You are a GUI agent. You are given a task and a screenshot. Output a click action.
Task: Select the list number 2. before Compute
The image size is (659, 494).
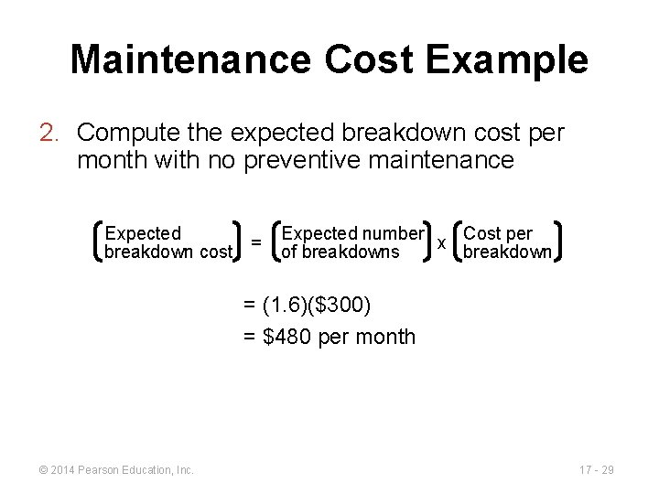(x=51, y=134)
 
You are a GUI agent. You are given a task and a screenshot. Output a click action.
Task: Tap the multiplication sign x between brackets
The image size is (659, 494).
(x=442, y=242)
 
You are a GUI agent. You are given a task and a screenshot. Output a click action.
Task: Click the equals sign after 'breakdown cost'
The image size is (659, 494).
(x=256, y=242)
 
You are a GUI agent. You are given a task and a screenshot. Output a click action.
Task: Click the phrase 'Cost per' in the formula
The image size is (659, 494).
(x=498, y=233)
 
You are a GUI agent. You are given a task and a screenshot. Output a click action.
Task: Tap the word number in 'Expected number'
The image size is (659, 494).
(x=392, y=233)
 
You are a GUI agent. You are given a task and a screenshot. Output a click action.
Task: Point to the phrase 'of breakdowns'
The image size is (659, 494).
(x=340, y=252)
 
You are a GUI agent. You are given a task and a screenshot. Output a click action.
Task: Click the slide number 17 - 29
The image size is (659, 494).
(x=596, y=470)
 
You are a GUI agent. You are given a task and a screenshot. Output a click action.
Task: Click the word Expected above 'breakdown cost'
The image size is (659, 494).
(x=144, y=233)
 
